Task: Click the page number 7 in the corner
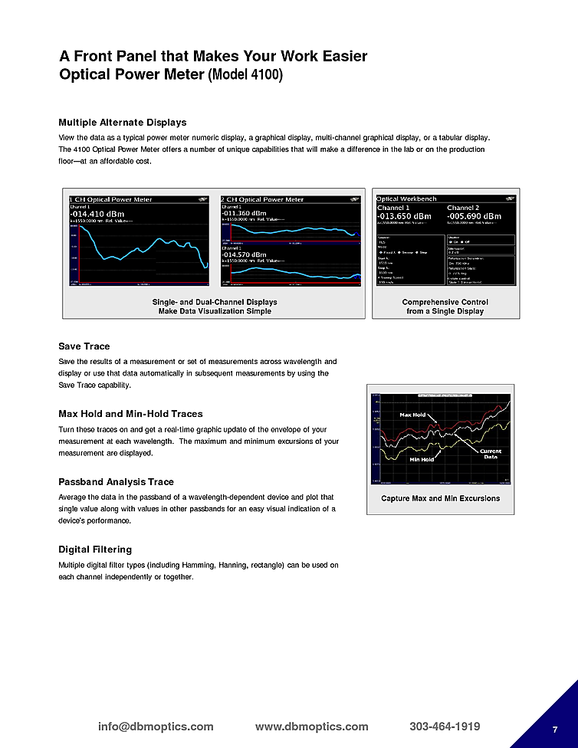[x=554, y=728]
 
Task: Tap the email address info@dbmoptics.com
[x=156, y=727]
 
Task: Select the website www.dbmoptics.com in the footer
[x=311, y=727]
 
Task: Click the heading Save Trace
[x=84, y=346]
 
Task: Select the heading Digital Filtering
[x=95, y=550]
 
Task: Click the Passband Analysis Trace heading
[x=116, y=482]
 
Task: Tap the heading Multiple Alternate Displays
[x=123, y=123]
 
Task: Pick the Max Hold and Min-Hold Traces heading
[x=130, y=414]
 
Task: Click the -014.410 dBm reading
[x=97, y=214]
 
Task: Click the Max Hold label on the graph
[x=412, y=415]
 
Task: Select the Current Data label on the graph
[x=491, y=454]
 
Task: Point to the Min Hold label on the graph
[x=422, y=459]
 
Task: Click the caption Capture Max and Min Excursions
[x=440, y=498]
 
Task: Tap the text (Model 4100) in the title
[x=245, y=76]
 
